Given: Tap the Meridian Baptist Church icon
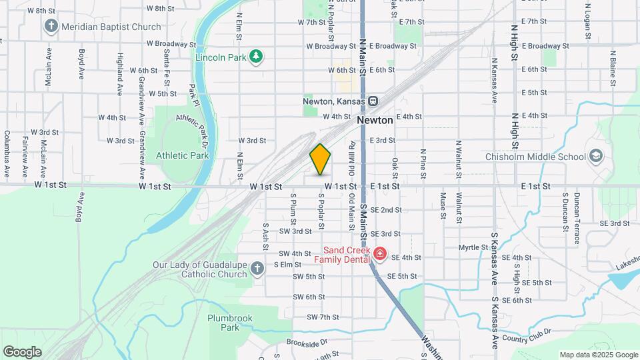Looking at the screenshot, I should (51, 27).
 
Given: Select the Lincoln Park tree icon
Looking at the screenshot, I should (256, 57).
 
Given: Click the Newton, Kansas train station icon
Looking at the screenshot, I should (373, 101).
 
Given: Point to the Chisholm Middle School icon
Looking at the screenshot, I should (595, 157).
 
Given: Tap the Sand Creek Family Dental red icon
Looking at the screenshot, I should (379, 253).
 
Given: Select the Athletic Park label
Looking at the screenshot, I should (182, 155).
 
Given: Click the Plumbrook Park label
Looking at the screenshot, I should (230, 323).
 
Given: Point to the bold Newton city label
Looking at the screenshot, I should (375, 120).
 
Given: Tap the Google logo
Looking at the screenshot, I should (22, 351).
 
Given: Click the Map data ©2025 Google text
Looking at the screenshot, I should (599, 355).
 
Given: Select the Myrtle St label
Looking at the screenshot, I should (473, 247).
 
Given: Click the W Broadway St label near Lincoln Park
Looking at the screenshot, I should (171, 44).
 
